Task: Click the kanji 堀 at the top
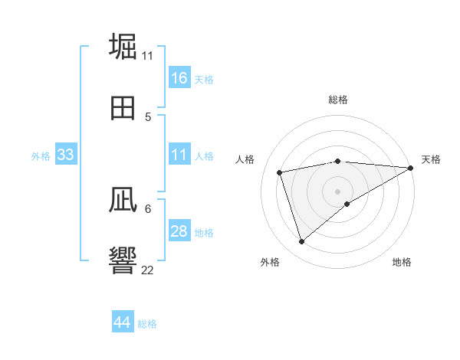pyautogui.click(x=123, y=46)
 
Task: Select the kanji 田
pyautogui.click(x=123, y=108)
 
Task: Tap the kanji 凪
pyautogui.click(x=123, y=200)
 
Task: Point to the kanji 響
pyautogui.click(x=123, y=260)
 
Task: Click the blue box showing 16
pyautogui.click(x=179, y=78)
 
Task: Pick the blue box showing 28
pyautogui.click(x=179, y=231)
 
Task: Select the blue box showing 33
pyautogui.click(x=66, y=155)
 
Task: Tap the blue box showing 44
pyautogui.click(x=123, y=322)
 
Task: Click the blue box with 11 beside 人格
pyautogui.click(x=179, y=155)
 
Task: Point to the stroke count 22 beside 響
pyautogui.click(x=148, y=270)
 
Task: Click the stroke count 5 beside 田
pyautogui.click(x=148, y=116)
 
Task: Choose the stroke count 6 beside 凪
pyautogui.click(x=148, y=208)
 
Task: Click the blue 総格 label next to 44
pyautogui.click(x=147, y=324)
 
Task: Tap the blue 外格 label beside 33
pyautogui.click(x=41, y=156)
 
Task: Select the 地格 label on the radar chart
pyautogui.click(x=402, y=262)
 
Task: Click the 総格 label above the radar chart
pyautogui.click(x=338, y=100)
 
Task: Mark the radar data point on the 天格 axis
pyautogui.click(x=410, y=168)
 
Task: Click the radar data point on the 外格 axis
pyautogui.click(x=301, y=242)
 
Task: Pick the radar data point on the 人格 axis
pyautogui.click(x=280, y=172)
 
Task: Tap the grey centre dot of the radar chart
pyautogui.click(x=338, y=191)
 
